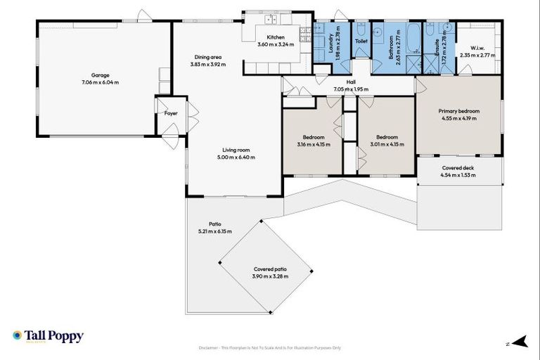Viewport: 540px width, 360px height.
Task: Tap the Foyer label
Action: (171, 113)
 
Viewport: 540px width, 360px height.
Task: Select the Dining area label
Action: (208, 58)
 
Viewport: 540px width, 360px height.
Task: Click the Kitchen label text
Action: (275, 37)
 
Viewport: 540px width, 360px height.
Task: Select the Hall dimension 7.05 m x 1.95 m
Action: (351, 89)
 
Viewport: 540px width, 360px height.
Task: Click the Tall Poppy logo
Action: (48, 336)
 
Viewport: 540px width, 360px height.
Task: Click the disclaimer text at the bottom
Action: (269, 348)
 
